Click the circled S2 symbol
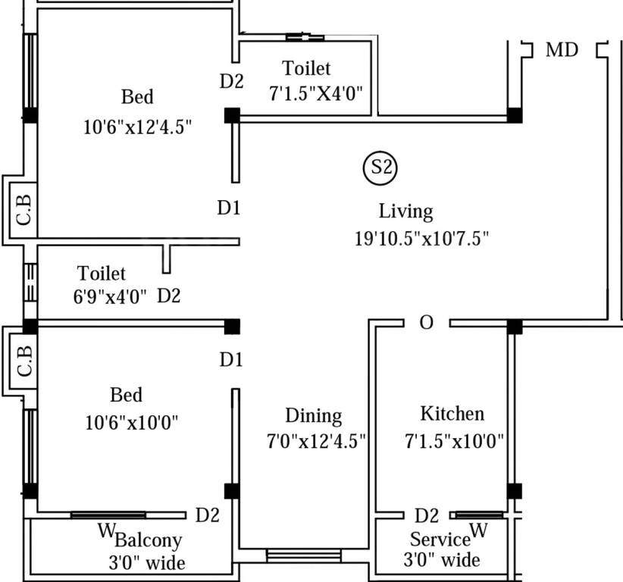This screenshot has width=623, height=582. [x=380, y=168]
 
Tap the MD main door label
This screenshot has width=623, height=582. [x=562, y=50]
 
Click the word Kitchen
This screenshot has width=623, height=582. [x=452, y=414]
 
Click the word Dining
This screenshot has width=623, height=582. [x=313, y=416]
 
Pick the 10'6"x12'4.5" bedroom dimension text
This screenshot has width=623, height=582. [x=137, y=126]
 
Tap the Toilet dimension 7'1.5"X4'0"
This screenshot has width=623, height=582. [x=316, y=94]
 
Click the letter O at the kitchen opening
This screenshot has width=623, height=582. [x=427, y=324]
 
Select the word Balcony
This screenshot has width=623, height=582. [x=149, y=540]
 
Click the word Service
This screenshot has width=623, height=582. [x=440, y=540]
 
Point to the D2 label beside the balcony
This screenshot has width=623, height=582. [x=208, y=515]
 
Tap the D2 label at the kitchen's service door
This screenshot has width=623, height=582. [x=427, y=516]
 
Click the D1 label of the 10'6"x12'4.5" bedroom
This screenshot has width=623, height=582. [x=229, y=208]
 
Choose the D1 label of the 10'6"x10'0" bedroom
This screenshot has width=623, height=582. [x=231, y=361]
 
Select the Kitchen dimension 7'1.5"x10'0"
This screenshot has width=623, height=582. [x=454, y=441]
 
